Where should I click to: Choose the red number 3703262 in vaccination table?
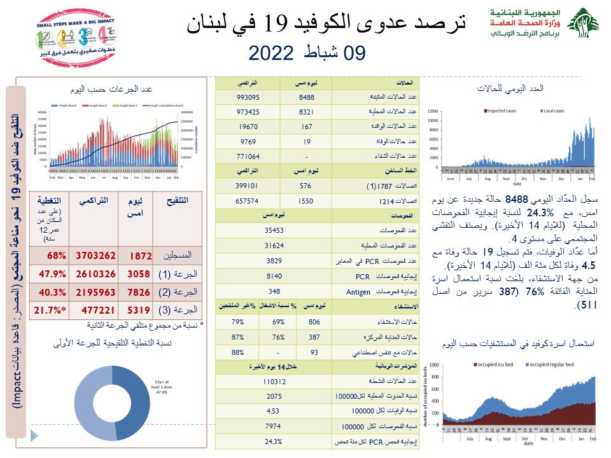coord(95,256)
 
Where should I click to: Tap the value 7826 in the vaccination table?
coord(138,293)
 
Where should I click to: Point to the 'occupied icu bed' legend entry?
coord(496,364)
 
